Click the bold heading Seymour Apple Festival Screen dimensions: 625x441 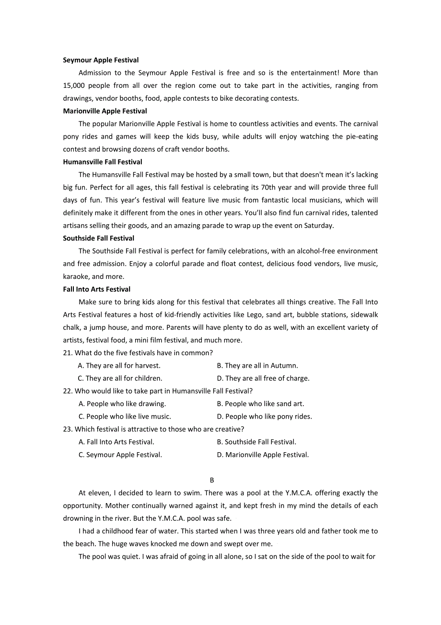click(101, 60)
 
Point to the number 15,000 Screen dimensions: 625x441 click(74, 85)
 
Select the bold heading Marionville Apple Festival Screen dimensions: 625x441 click(105, 111)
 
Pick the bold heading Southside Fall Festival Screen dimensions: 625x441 click(98, 238)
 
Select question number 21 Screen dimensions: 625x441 click(68, 353)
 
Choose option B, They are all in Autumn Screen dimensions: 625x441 click(257, 366)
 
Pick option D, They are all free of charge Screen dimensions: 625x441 click(263, 378)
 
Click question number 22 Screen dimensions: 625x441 click(68, 391)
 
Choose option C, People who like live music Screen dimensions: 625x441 click(125, 417)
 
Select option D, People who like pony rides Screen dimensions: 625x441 click(264, 417)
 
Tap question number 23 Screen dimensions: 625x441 click(68, 429)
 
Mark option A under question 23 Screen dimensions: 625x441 click(116, 442)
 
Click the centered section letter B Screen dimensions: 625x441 click(212, 480)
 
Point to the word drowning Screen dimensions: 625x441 click(78, 518)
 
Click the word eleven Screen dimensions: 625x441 click(99, 493)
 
